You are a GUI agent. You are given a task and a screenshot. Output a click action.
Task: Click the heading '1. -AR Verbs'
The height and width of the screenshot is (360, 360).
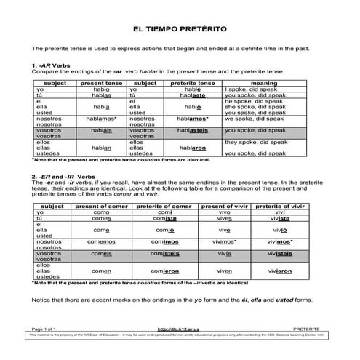pyautogui.click(x=47, y=65)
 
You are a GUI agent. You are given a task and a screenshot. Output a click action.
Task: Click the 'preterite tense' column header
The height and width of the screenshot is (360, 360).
pyautogui.click(x=192, y=83)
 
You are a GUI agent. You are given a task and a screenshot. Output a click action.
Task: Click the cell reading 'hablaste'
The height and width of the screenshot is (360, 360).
pyautogui.click(x=192, y=95)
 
